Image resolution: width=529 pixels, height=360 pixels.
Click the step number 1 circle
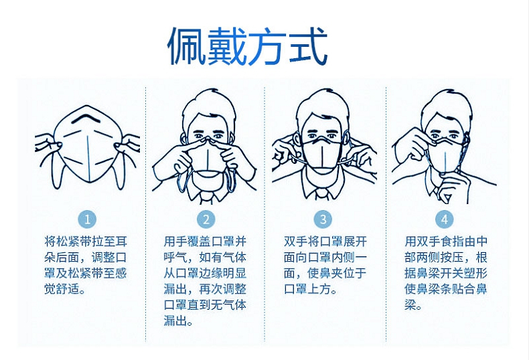[87, 219]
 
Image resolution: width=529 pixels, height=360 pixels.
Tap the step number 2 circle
[206, 219]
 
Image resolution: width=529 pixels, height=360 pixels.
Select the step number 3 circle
[323, 219]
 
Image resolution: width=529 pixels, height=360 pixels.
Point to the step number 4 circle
[445, 219]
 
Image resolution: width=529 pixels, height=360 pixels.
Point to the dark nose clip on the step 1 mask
[87, 118]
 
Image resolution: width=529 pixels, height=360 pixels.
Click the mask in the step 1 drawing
[88, 145]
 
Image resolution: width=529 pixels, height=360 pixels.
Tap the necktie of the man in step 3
[323, 195]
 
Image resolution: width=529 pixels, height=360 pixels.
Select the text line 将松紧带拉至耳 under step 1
[86, 242]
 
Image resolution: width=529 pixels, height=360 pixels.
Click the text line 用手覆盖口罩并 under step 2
[205, 242]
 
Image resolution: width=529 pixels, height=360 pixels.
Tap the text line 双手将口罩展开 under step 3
[325, 242]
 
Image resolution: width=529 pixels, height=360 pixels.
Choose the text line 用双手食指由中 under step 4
[446, 242]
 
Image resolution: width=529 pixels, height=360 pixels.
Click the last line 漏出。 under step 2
[179, 321]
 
